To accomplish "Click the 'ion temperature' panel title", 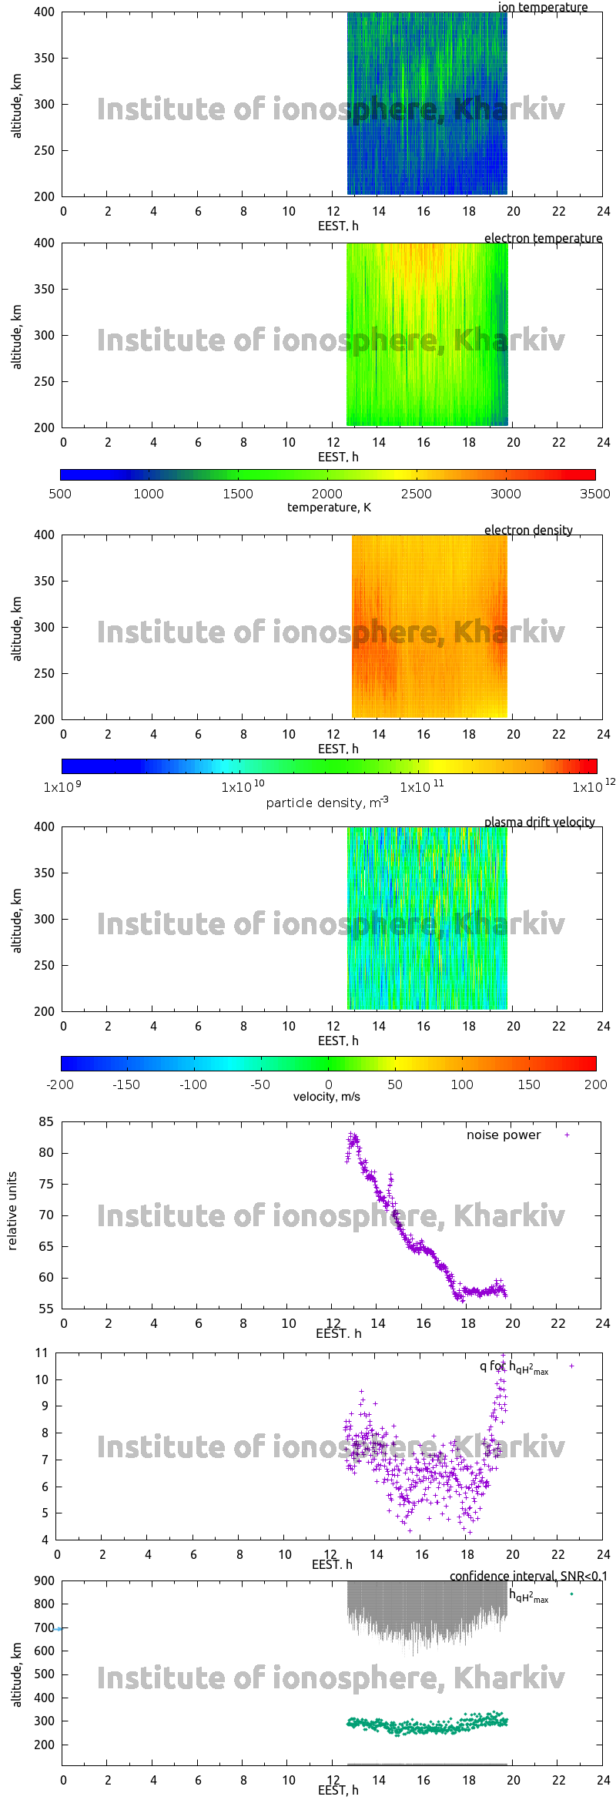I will pos(542,8).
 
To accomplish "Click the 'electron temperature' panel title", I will pos(543,238).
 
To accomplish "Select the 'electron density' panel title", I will pos(528,530).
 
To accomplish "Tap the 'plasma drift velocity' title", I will pos(539,822).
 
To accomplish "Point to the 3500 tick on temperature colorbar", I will pos(594,494).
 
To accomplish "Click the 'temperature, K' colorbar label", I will pos(329,507).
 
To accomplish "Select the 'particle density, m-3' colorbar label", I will pos(326,803).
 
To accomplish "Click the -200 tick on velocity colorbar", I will pos(60,1084).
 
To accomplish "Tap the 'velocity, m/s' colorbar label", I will pos(326,1097).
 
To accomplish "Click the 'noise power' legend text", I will pos(503,1135).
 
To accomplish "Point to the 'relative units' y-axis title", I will pos(12,1212).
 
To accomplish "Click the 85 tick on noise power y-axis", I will pos(45,1121).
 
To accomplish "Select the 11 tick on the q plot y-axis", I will pos(42,1353).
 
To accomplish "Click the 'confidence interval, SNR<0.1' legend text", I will pos(528,1576).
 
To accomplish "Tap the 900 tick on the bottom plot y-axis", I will pos(45,1580).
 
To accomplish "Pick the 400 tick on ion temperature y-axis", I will pos(44,12).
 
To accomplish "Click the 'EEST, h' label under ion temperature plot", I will pos(338,226).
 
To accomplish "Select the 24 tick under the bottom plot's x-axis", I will pos(603,1780).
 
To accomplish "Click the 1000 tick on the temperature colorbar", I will pos(149,494).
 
